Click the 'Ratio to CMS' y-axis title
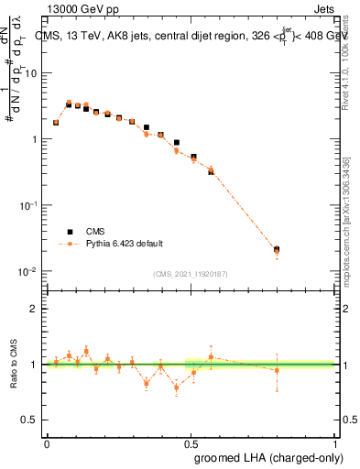click(13, 364)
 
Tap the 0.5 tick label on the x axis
click(191, 442)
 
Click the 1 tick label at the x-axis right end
click(335, 442)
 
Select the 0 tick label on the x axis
click(47, 442)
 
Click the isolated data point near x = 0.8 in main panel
click(277, 249)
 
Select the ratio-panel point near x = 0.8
click(277, 370)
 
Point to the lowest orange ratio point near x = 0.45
click(176, 387)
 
